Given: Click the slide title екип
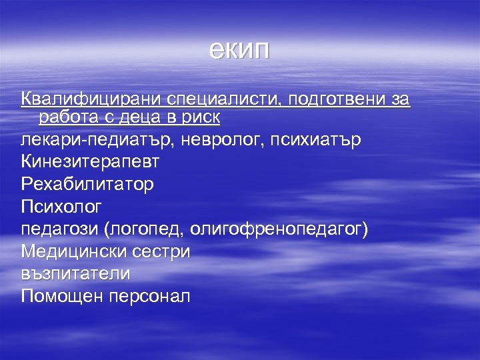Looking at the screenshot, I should tap(239, 51).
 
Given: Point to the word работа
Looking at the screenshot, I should tap(70, 117).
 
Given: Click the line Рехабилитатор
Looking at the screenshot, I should tap(87, 184).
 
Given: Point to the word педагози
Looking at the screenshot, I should tap(60, 229).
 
